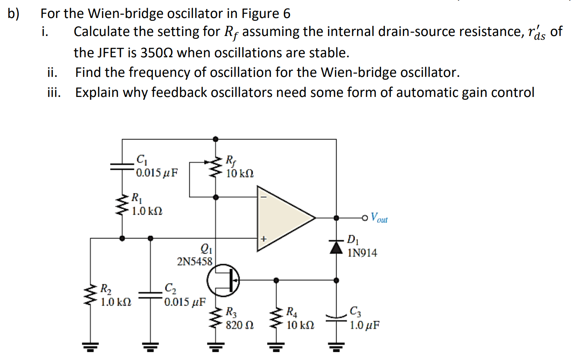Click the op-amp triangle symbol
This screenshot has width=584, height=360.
282,218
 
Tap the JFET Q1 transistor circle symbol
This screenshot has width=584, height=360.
223,280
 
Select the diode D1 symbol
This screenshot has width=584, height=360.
336,247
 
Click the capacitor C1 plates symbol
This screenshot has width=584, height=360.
122,166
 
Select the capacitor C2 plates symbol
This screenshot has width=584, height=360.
150,295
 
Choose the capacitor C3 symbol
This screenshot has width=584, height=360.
336,317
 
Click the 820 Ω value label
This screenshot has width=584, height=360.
240,326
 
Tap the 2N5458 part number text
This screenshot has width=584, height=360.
195,261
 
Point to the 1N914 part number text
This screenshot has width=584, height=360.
362,253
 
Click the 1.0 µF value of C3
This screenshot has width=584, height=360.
364,326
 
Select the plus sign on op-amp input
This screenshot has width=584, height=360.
264,239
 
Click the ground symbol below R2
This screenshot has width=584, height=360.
90,348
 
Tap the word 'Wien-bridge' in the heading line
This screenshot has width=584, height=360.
121,13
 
